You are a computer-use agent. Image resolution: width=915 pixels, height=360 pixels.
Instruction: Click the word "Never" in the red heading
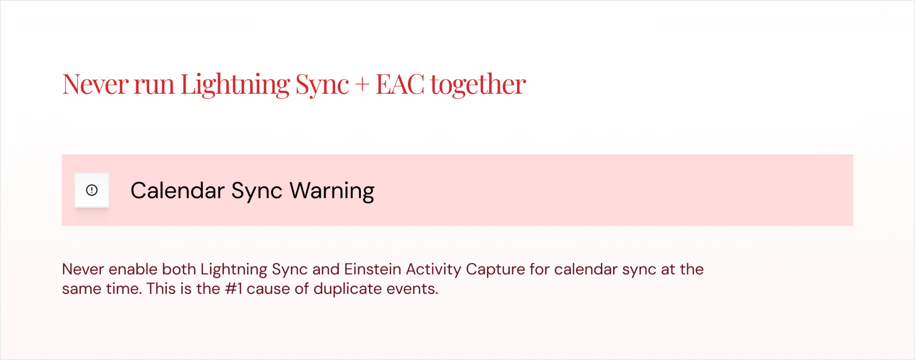(96, 84)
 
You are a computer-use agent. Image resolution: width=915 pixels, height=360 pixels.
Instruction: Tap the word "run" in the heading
(154, 84)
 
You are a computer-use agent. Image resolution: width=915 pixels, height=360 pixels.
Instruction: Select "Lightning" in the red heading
(235, 84)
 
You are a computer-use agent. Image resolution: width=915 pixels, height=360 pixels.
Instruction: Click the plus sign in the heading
(362, 84)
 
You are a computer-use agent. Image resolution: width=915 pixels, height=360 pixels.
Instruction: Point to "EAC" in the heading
(400, 84)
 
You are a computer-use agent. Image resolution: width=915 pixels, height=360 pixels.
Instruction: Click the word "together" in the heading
(478, 84)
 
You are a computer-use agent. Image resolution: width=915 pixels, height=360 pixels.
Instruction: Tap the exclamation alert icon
(92, 190)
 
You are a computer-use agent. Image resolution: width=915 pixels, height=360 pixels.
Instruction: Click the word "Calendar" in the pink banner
(177, 191)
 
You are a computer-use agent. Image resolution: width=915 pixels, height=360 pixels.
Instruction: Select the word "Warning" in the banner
(332, 191)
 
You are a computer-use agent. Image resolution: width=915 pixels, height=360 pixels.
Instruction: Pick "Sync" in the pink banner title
(257, 191)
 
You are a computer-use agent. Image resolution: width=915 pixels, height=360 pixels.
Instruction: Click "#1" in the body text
(234, 289)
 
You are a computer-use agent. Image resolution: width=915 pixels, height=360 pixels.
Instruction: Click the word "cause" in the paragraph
(268, 289)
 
